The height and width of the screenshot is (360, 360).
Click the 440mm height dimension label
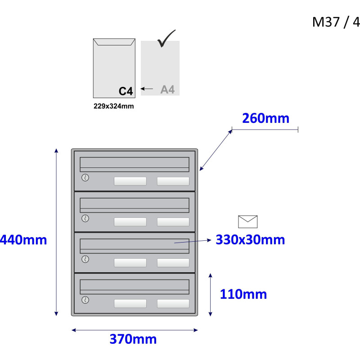click(23, 240)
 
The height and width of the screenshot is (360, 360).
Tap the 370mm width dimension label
click(133, 339)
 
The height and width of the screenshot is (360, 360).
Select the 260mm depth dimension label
click(265, 118)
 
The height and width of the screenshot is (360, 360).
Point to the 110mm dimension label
click(243, 294)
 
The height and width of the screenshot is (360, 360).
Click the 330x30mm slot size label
click(250, 240)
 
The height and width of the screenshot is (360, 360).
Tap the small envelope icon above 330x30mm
click(248, 222)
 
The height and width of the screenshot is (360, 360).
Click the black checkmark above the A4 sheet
click(166, 38)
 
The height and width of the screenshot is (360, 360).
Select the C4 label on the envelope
click(126, 91)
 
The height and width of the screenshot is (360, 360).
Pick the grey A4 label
click(167, 90)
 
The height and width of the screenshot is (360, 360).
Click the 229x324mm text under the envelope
click(114, 106)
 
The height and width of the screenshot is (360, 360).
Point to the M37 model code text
click(326, 22)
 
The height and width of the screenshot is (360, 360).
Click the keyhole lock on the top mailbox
click(85, 178)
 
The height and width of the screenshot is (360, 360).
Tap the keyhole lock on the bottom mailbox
click(85, 300)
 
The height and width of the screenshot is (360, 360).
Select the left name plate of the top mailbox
click(130, 181)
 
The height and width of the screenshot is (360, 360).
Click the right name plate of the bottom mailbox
click(173, 303)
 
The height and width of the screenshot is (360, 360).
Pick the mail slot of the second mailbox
click(135, 205)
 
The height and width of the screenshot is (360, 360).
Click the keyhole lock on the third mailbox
click(85, 259)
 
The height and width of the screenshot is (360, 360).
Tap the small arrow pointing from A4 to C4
click(147, 89)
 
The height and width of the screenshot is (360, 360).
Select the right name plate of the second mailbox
click(173, 222)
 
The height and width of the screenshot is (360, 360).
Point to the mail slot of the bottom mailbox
click(135, 287)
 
